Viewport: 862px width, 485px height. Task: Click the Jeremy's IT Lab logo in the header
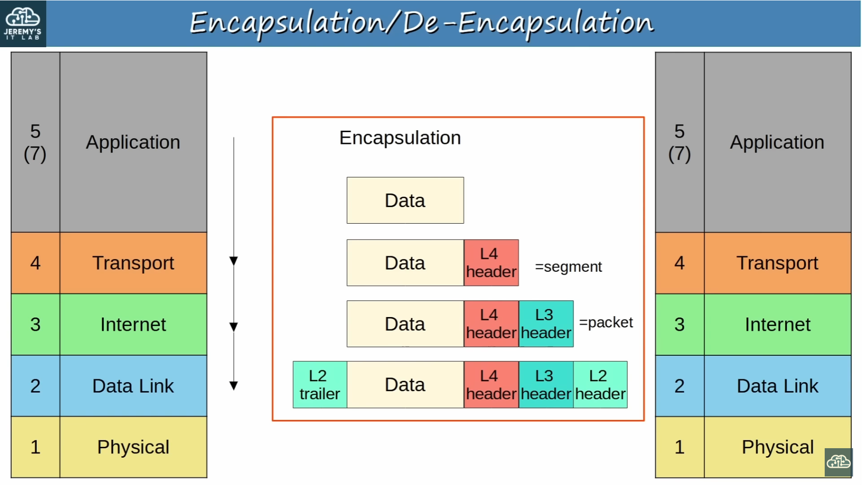(23, 24)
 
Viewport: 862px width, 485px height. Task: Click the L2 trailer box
(320, 385)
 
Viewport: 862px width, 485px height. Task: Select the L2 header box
(600, 385)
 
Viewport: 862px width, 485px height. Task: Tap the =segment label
(568, 267)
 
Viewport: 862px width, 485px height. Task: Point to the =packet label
(606, 322)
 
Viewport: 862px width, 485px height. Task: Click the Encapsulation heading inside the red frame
(400, 138)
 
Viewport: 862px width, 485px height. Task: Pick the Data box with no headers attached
(405, 200)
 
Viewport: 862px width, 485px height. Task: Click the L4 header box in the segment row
(491, 263)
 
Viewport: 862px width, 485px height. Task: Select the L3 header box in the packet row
(546, 324)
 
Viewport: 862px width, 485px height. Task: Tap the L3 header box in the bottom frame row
(546, 385)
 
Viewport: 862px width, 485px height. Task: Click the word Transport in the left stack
(133, 263)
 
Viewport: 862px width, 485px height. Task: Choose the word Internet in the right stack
(777, 325)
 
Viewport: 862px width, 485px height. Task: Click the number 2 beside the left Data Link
(35, 386)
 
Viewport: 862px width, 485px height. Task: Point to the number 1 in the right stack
(679, 447)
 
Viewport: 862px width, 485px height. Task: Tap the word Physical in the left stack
(133, 447)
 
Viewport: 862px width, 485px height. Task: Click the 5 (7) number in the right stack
(679, 142)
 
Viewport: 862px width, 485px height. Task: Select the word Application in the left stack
(133, 142)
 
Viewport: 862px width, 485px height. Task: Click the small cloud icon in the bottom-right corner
(838, 462)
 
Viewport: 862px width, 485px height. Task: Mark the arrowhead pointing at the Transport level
(234, 261)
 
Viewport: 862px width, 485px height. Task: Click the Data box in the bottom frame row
(405, 385)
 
